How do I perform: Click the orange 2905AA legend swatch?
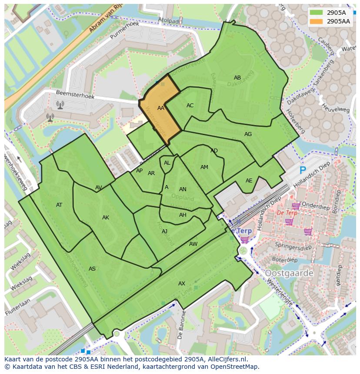(x=317, y=21)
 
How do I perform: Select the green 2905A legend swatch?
(x=317, y=12)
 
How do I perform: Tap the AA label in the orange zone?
(x=161, y=108)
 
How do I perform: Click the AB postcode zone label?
(x=237, y=78)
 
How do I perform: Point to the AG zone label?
(x=248, y=134)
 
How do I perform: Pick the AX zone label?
(x=182, y=284)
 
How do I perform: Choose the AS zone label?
(x=92, y=269)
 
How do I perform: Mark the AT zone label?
(x=59, y=205)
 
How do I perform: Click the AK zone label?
(x=106, y=218)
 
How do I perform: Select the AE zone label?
(x=249, y=181)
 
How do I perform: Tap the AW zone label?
(x=193, y=244)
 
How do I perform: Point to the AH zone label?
(x=183, y=215)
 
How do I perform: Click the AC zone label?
(x=190, y=106)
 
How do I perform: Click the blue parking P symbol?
(x=303, y=170)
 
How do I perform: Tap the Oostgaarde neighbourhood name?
(x=289, y=273)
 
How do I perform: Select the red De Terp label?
(x=287, y=213)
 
